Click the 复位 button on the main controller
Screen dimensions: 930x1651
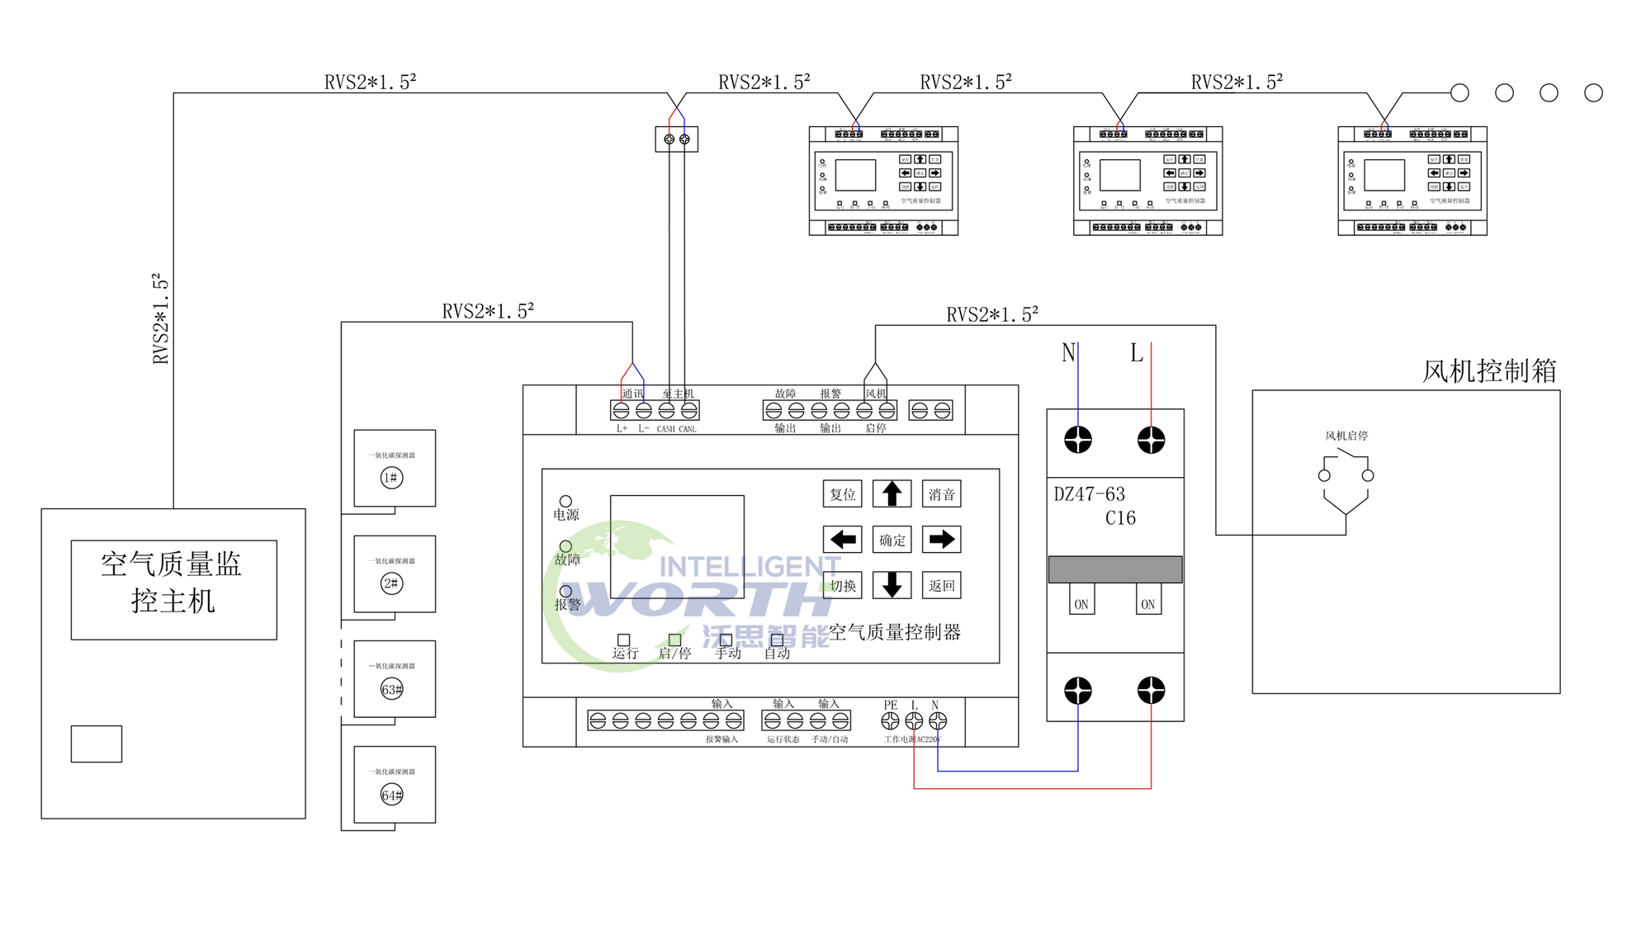coord(842,494)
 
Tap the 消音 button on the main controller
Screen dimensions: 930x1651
coord(941,494)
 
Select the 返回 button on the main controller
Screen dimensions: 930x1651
coord(941,586)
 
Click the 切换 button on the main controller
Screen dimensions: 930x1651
coord(842,586)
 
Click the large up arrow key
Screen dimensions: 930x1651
coord(892,494)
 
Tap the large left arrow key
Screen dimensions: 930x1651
coord(842,540)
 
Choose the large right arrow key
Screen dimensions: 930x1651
coord(941,540)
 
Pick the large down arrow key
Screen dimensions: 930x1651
coord(892,585)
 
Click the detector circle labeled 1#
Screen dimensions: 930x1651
coord(391,478)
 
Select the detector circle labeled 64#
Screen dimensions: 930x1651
coord(391,795)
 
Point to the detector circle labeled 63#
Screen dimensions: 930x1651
coord(391,689)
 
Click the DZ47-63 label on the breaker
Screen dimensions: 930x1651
coord(1089,494)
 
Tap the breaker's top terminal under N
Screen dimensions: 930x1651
coord(1077,440)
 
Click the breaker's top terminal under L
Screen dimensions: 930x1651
coord(1151,440)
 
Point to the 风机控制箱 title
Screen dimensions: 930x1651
coord(1489,371)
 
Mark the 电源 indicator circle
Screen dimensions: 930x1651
coord(565,501)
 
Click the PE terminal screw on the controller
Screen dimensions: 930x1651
coord(890,720)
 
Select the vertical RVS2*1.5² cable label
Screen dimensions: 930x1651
coord(161,319)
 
